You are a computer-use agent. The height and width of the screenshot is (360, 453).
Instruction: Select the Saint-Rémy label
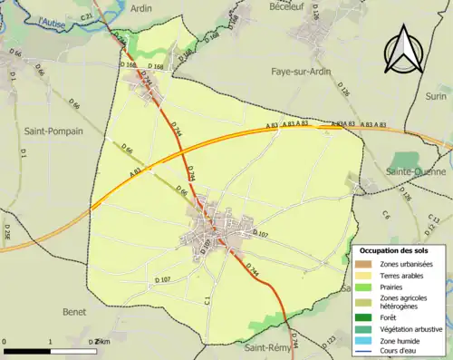[266, 348]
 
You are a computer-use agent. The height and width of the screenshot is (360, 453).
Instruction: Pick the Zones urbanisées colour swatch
[366, 263]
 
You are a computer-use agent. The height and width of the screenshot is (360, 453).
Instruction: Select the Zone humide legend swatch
[366, 342]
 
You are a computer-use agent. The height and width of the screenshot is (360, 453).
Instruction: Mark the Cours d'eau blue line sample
[366, 354]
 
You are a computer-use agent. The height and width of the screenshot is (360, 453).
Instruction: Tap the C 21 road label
[87, 17]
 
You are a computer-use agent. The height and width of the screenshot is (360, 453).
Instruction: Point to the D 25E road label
[7, 232]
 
